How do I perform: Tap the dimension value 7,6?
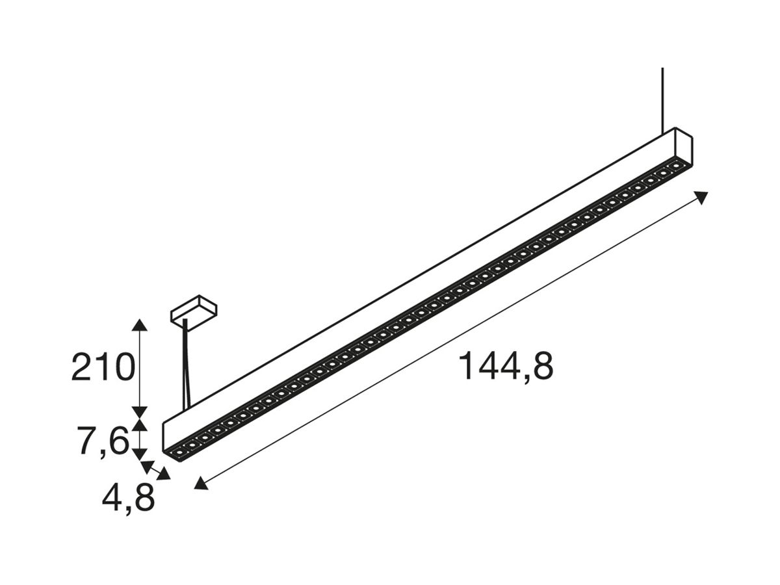pyautogui.click(x=102, y=442)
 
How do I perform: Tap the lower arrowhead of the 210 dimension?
pyautogui.click(x=139, y=413)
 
